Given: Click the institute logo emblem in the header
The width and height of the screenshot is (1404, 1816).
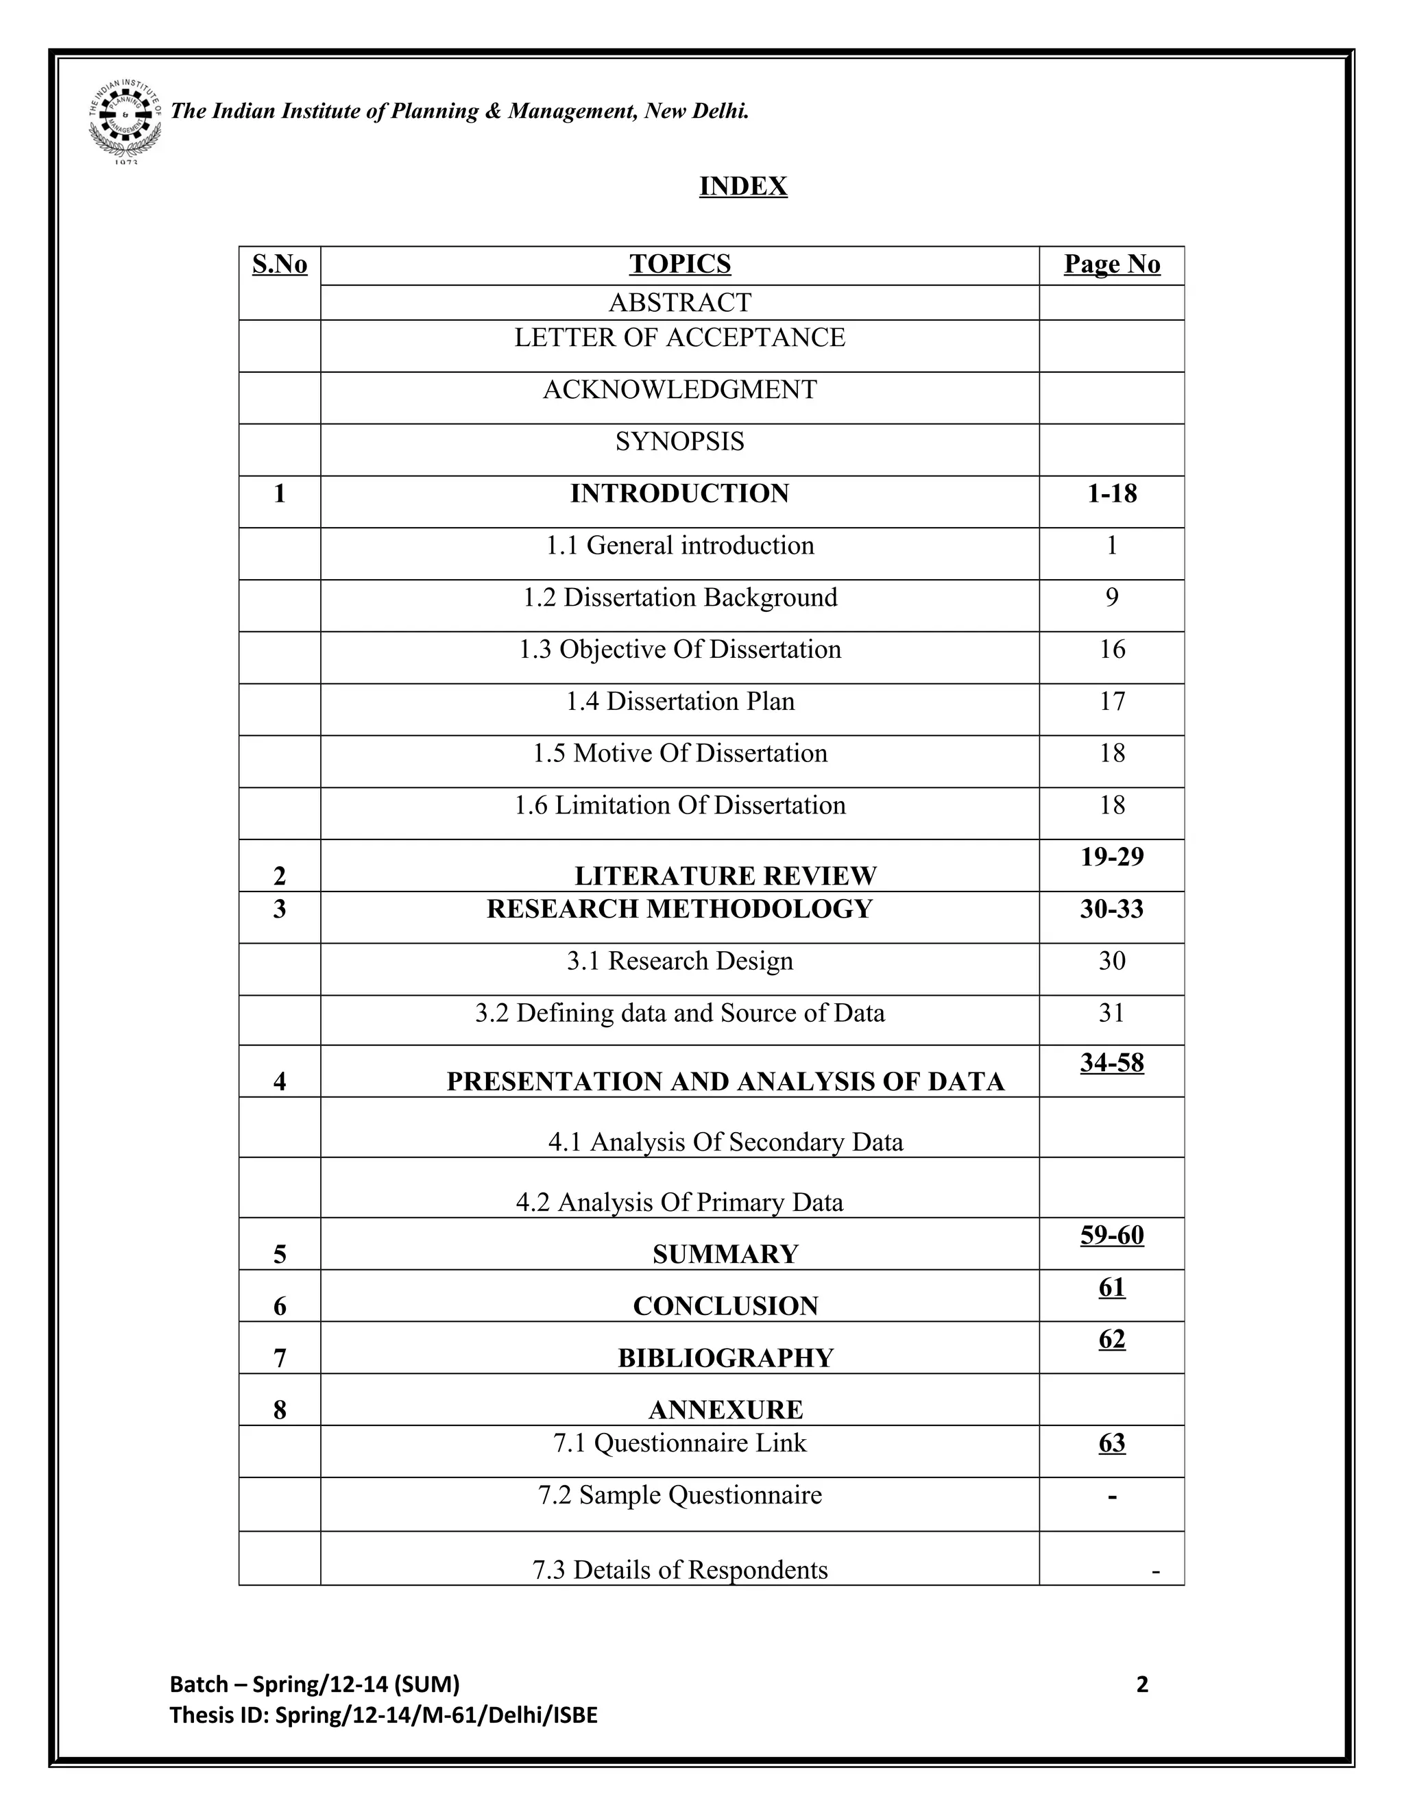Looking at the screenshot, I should [125, 120].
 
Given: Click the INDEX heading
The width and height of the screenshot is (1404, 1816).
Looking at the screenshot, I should [742, 186].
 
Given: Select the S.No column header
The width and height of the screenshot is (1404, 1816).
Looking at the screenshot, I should [280, 265].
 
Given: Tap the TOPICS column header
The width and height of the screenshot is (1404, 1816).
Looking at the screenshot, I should [679, 264].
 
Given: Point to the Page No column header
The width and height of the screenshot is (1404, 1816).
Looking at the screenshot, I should [1111, 264].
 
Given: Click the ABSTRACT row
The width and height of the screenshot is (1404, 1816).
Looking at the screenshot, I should [679, 303].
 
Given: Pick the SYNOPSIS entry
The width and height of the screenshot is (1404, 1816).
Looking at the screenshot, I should [679, 441].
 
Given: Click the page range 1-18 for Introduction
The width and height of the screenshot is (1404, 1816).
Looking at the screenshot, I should [1111, 494].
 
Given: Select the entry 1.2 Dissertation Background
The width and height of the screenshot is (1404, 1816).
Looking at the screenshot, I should [679, 598].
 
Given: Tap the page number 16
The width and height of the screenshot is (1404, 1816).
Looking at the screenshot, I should [1111, 650].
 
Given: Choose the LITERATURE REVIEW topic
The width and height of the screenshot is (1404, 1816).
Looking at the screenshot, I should [725, 876].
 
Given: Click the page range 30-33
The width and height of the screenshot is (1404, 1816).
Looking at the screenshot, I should [1111, 909].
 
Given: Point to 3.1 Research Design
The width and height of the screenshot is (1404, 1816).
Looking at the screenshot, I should [679, 961].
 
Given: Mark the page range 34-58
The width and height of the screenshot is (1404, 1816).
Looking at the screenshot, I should [1111, 1063].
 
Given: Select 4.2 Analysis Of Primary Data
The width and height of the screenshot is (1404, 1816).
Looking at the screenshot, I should [679, 1203].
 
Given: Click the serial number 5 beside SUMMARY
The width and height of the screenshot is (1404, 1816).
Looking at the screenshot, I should [280, 1255].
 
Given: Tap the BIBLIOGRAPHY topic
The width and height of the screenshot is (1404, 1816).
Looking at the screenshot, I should [725, 1358].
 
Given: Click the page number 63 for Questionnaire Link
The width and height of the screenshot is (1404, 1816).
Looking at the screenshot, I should [1111, 1443].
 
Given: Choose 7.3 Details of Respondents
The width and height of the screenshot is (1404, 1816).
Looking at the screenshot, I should [679, 1570].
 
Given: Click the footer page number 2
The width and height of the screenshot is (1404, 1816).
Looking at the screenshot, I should [1141, 1684].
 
